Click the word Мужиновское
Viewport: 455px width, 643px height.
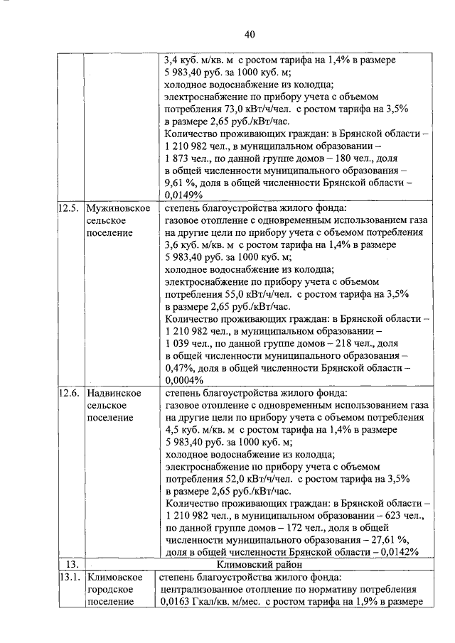click(117, 209)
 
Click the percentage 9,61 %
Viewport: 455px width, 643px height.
click(182, 183)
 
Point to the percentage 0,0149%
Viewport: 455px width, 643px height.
click(184, 195)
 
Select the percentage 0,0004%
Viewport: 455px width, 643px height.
click(184, 379)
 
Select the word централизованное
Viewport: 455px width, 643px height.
click(206, 589)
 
